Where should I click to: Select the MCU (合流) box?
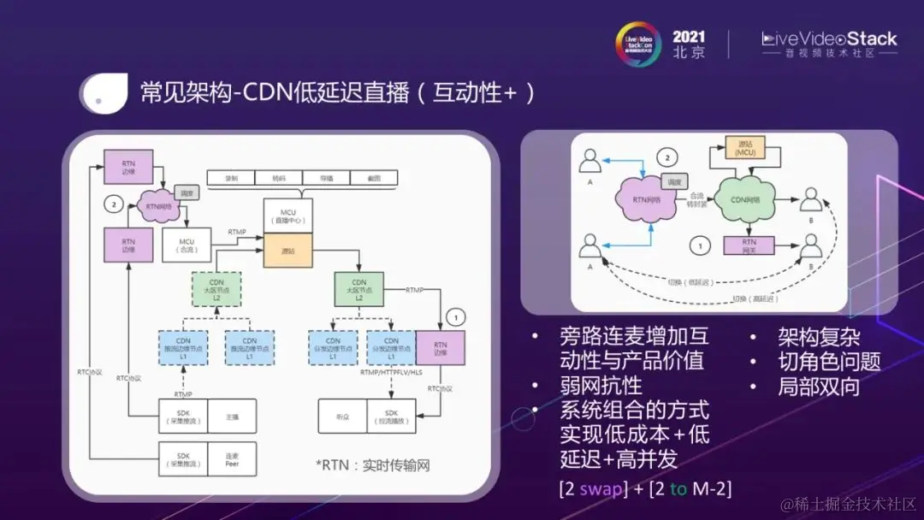(187, 245)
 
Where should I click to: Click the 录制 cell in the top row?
(231, 179)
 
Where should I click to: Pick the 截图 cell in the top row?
(374, 179)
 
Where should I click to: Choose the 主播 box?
(232, 417)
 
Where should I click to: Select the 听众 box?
(342, 417)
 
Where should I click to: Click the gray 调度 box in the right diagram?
(675, 181)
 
